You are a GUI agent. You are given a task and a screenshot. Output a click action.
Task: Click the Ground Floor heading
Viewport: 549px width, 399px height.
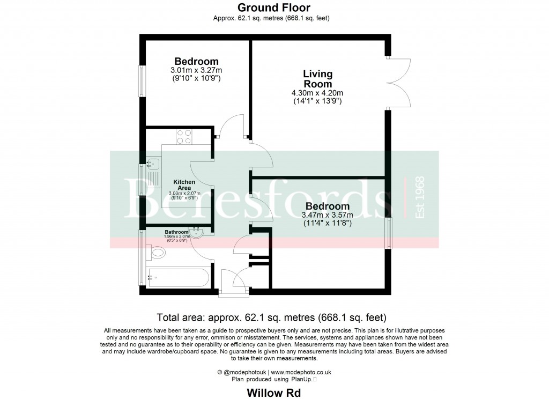[x=274, y=8]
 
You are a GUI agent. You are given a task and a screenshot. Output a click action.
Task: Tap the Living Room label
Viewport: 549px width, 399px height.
[x=317, y=79]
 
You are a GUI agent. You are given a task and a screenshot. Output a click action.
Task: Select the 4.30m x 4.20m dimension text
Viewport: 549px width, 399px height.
[x=317, y=93]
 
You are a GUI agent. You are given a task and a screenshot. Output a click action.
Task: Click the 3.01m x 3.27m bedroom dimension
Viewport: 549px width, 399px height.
[x=196, y=70]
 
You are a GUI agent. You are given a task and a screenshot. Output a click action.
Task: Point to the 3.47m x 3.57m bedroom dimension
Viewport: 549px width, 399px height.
[x=328, y=215]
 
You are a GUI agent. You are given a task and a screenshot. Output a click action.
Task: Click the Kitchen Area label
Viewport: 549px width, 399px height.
[x=184, y=185]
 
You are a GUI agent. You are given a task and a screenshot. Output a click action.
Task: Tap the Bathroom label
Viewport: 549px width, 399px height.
[x=176, y=232]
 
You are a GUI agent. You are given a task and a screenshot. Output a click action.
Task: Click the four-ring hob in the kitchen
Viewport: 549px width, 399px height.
[x=184, y=137]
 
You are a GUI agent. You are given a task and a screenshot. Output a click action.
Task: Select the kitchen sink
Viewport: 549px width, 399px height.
[x=153, y=163]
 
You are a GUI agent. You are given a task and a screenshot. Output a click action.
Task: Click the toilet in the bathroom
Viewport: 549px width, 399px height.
[x=157, y=252]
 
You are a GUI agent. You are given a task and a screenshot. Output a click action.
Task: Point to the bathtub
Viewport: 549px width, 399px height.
[x=178, y=278]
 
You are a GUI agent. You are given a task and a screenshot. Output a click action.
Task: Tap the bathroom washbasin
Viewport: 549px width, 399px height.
[x=196, y=233]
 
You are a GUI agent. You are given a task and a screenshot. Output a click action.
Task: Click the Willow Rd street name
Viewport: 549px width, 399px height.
[x=274, y=393]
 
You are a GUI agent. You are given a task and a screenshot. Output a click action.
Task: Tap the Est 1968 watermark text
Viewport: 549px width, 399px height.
[x=419, y=197]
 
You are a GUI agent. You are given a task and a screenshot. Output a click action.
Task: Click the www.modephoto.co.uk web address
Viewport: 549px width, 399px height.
[x=301, y=372]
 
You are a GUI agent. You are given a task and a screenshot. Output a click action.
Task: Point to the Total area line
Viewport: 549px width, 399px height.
[x=272, y=317]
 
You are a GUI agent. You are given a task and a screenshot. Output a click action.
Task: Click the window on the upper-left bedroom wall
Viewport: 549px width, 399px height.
[x=142, y=81]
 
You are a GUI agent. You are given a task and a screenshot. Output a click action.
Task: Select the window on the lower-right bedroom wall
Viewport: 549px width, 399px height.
[x=389, y=233]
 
